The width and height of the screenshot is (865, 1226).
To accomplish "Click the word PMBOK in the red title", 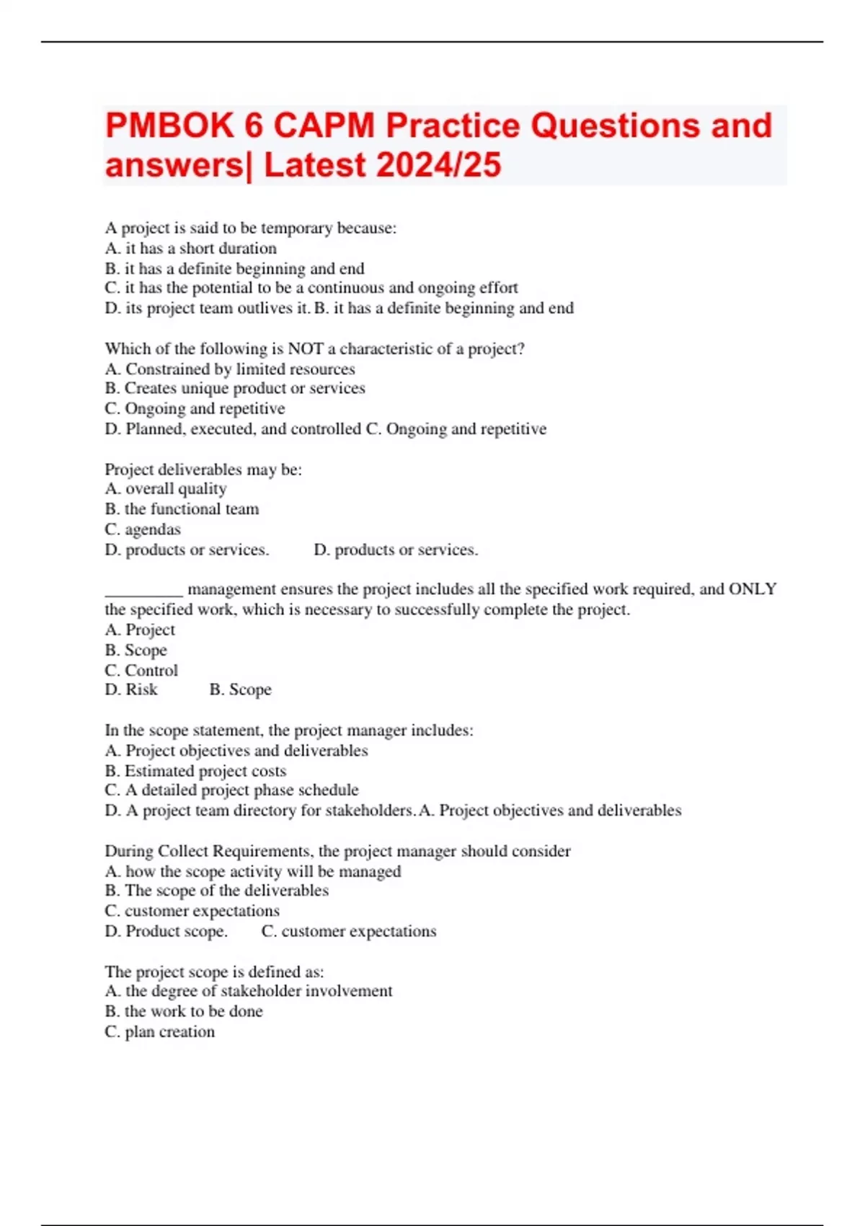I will click(169, 126).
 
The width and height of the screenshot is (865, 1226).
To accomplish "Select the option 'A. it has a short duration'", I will click(191, 249).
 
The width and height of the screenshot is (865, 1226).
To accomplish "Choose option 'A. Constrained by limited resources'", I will click(230, 369).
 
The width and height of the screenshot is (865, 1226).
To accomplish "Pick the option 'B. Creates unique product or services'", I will click(235, 389).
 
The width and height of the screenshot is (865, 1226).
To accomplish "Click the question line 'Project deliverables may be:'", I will click(203, 469).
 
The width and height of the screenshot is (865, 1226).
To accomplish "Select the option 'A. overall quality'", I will click(166, 489).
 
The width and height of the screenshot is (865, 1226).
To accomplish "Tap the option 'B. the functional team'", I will click(182, 509).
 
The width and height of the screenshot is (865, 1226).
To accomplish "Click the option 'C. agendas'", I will click(143, 529).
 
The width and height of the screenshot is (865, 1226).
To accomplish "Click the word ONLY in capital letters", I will click(753, 589).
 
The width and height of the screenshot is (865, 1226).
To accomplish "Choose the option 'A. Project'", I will click(140, 630).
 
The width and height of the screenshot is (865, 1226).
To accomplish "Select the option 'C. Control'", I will click(141, 671).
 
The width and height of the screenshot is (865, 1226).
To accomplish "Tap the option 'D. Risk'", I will click(131, 690).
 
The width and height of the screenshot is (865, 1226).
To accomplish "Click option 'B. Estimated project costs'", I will click(195, 771).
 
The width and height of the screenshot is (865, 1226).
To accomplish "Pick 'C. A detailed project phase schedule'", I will click(231, 790).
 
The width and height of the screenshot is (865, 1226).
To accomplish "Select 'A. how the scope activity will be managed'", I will click(253, 871).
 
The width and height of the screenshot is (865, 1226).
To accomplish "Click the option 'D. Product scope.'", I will click(166, 931).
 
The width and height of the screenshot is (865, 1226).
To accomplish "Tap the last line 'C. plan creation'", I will click(160, 1032).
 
